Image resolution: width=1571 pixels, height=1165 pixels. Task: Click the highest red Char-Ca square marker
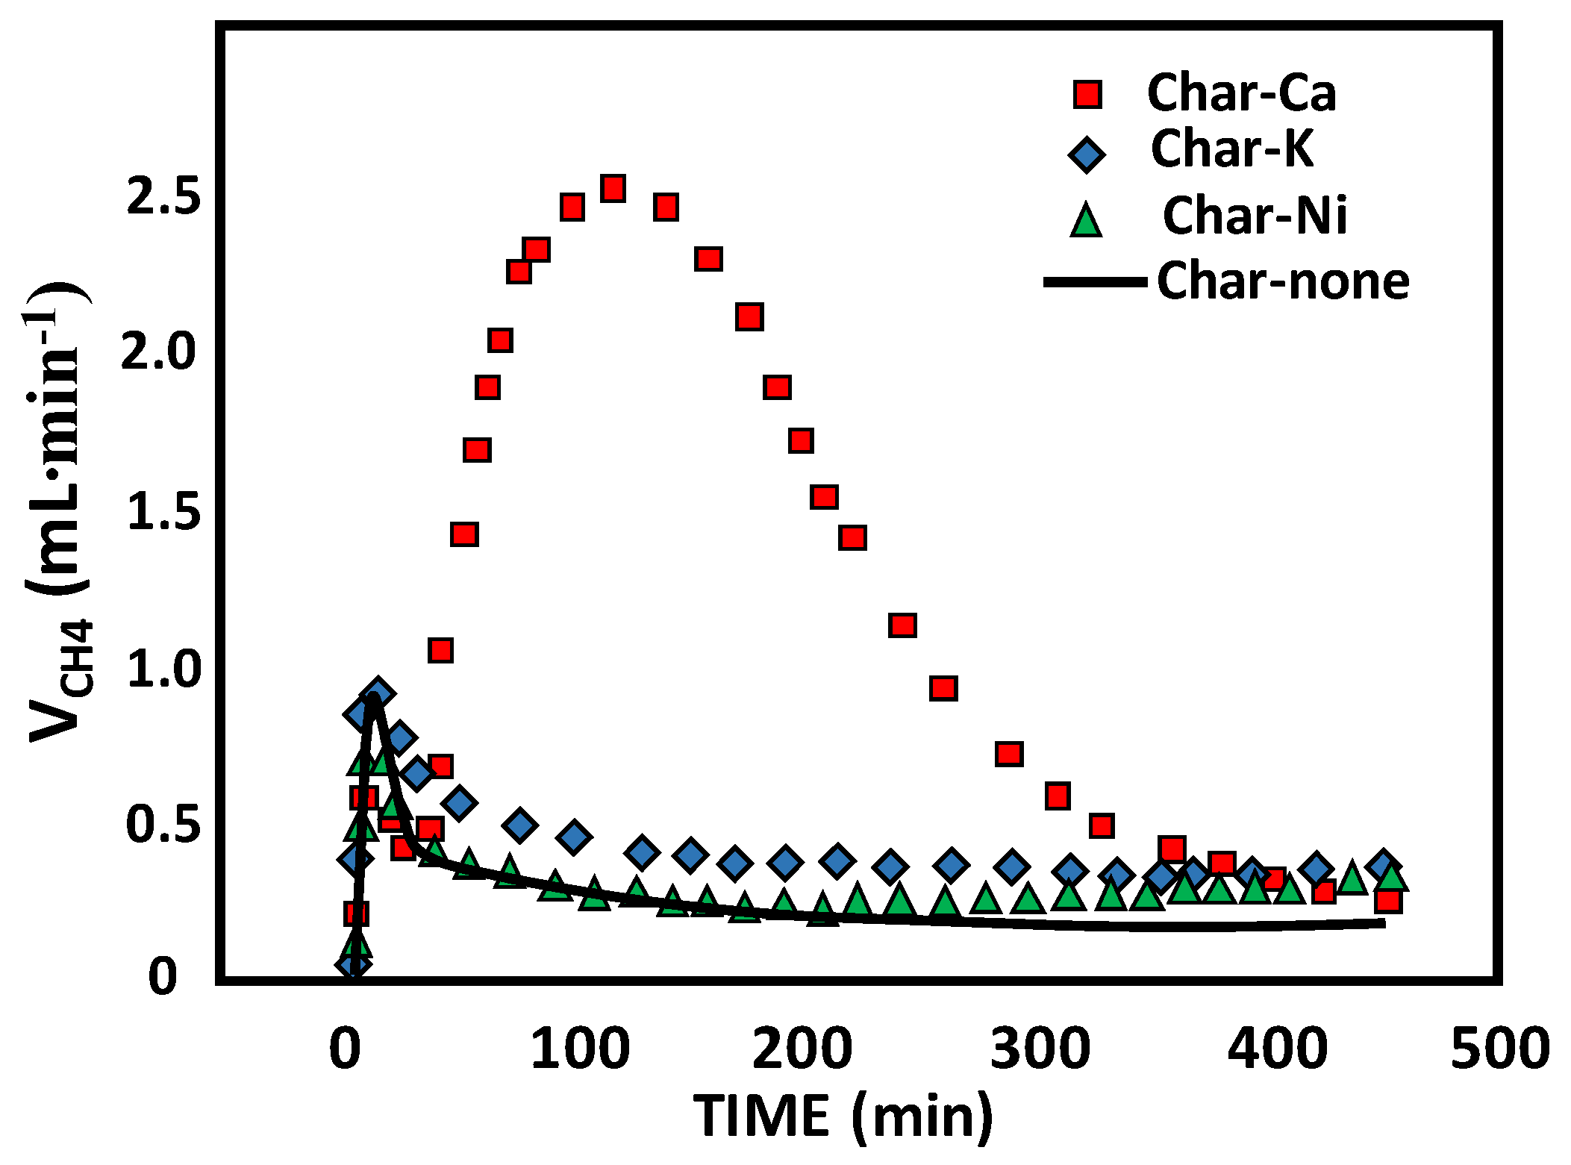(x=613, y=188)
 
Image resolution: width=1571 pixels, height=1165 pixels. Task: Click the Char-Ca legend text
(x=1241, y=93)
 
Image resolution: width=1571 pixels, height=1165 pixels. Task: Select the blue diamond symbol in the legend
(x=1087, y=154)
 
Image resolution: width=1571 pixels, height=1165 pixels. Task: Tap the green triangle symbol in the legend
(x=1086, y=221)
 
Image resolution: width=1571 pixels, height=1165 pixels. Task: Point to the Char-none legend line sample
(x=1095, y=281)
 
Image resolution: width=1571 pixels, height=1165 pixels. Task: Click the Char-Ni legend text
(x=1255, y=216)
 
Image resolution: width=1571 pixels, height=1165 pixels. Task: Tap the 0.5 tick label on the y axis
(x=163, y=825)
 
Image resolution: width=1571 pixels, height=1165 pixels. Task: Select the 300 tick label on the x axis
(x=1040, y=1048)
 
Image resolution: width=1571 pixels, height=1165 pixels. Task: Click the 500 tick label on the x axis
(x=1499, y=1048)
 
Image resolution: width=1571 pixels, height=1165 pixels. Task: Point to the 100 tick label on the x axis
(x=579, y=1048)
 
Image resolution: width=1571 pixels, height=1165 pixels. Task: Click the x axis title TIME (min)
(x=843, y=1116)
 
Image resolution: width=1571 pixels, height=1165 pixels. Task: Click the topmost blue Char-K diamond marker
(x=378, y=694)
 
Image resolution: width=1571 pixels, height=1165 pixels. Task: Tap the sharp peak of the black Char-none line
(x=372, y=697)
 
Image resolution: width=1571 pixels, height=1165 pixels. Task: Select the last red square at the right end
(x=1387, y=901)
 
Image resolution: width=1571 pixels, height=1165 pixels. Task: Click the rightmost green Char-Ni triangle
(x=1391, y=877)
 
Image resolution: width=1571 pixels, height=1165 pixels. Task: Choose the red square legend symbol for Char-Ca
(x=1087, y=95)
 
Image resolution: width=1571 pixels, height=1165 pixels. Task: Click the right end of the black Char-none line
(x=1384, y=924)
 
